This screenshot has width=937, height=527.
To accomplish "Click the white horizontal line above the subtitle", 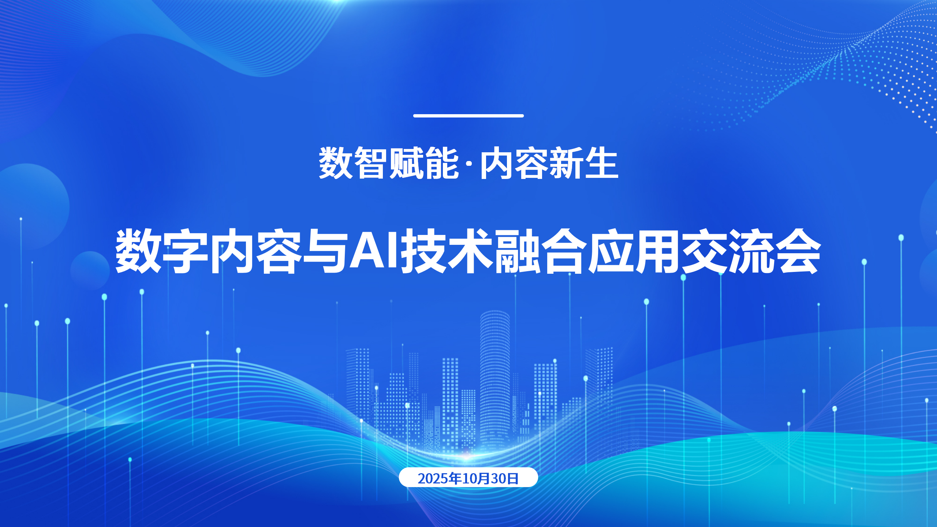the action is click(x=468, y=116).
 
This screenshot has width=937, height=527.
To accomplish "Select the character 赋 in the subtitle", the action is click(x=406, y=163).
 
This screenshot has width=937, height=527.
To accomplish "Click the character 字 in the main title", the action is click(x=185, y=251).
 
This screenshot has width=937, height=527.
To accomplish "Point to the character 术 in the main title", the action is click(x=471, y=251).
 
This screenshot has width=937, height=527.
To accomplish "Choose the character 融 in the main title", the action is click(x=518, y=251).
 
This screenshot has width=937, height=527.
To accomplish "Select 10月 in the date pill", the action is click(x=476, y=478).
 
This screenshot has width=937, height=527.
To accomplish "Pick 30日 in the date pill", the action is click(x=505, y=478).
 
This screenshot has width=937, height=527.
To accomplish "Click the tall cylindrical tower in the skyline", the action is click(x=494, y=381).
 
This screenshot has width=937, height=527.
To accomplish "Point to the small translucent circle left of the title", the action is click(x=90, y=270).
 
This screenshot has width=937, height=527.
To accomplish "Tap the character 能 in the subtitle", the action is click(x=441, y=163).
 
